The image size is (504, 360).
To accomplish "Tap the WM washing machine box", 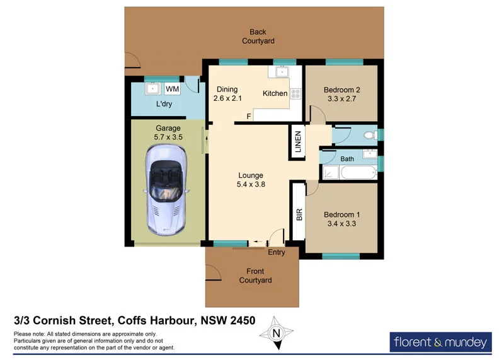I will pos(173,90).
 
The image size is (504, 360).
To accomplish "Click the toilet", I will pos(372,134).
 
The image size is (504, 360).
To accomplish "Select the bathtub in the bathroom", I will pos(348,173).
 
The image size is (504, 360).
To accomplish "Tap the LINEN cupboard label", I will pos(298,141).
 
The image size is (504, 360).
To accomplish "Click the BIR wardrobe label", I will pos(299,214).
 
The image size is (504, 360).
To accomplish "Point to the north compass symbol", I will pos(275,334).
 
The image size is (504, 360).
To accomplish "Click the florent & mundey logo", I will pos(440,342).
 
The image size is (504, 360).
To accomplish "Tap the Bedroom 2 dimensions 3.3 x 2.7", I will pos(341,99).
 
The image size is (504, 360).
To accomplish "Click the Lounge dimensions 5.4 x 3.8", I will pos(250,185).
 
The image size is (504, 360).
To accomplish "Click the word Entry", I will pos(276,252).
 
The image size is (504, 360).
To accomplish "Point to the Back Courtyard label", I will pos(258,37).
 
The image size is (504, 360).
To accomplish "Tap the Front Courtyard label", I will pos(255,276).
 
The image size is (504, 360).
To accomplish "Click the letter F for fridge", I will pos(249,117).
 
